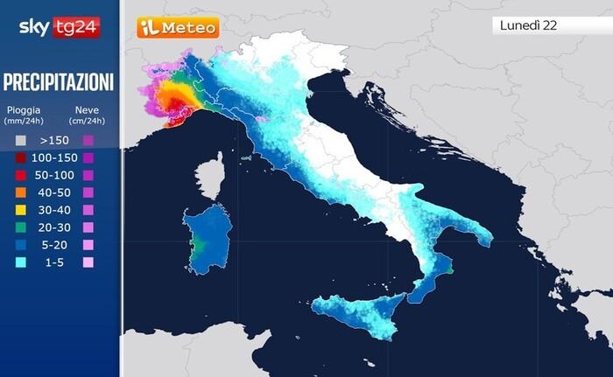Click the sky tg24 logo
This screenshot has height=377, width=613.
pyautogui.click(x=59, y=27)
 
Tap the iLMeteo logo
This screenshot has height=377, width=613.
pyautogui.click(x=178, y=27)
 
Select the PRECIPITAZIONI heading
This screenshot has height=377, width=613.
pyautogui.click(x=59, y=82)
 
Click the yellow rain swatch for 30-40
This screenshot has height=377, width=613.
pyautogui.click(x=19, y=210)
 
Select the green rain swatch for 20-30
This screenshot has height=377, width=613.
pyautogui.click(x=19, y=227)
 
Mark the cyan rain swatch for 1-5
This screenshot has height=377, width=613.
pyautogui.click(x=19, y=262)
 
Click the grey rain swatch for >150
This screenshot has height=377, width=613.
pyautogui.click(x=19, y=139)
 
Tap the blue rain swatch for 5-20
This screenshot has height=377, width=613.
pyautogui.click(x=19, y=245)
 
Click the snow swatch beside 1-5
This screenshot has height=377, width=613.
pyautogui.click(x=88, y=262)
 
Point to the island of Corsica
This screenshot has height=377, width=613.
pyautogui.click(x=208, y=178)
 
